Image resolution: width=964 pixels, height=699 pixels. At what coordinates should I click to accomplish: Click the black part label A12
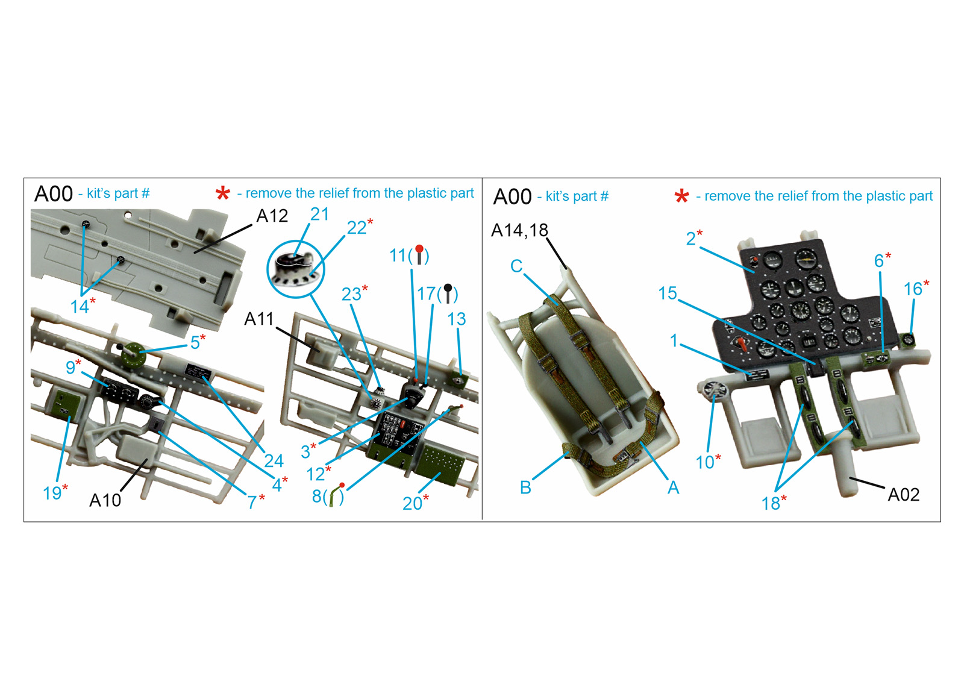point(272,216)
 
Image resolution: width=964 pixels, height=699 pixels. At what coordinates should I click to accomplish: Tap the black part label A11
point(259,319)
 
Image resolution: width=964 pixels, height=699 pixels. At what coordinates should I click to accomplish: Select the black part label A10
point(105,500)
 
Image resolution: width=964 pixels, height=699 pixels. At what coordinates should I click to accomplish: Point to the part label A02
point(904,495)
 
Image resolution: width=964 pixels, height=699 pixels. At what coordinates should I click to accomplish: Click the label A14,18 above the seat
point(519,230)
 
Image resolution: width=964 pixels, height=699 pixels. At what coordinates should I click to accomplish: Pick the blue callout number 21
point(320,215)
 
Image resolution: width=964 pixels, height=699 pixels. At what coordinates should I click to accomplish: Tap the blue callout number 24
point(274,461)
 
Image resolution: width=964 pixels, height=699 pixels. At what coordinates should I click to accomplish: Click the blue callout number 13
point(457,319)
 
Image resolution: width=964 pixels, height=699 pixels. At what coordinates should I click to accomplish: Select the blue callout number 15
point(668,293)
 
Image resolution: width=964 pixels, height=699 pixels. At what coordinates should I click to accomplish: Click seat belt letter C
point(516,266)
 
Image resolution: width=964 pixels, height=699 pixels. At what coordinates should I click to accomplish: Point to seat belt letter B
point(525,487)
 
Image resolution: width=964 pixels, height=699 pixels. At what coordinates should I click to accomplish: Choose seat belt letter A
point(674,487)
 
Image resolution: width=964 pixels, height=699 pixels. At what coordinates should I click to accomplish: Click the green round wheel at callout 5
point(134,353)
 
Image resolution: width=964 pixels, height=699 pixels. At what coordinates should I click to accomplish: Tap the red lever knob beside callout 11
point(419,249)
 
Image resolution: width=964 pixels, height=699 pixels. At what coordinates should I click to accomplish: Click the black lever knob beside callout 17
point(448,287)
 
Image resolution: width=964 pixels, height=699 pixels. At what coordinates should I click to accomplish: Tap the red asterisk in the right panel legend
point(681,196)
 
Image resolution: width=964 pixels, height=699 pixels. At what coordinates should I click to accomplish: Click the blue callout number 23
point(351,295)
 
